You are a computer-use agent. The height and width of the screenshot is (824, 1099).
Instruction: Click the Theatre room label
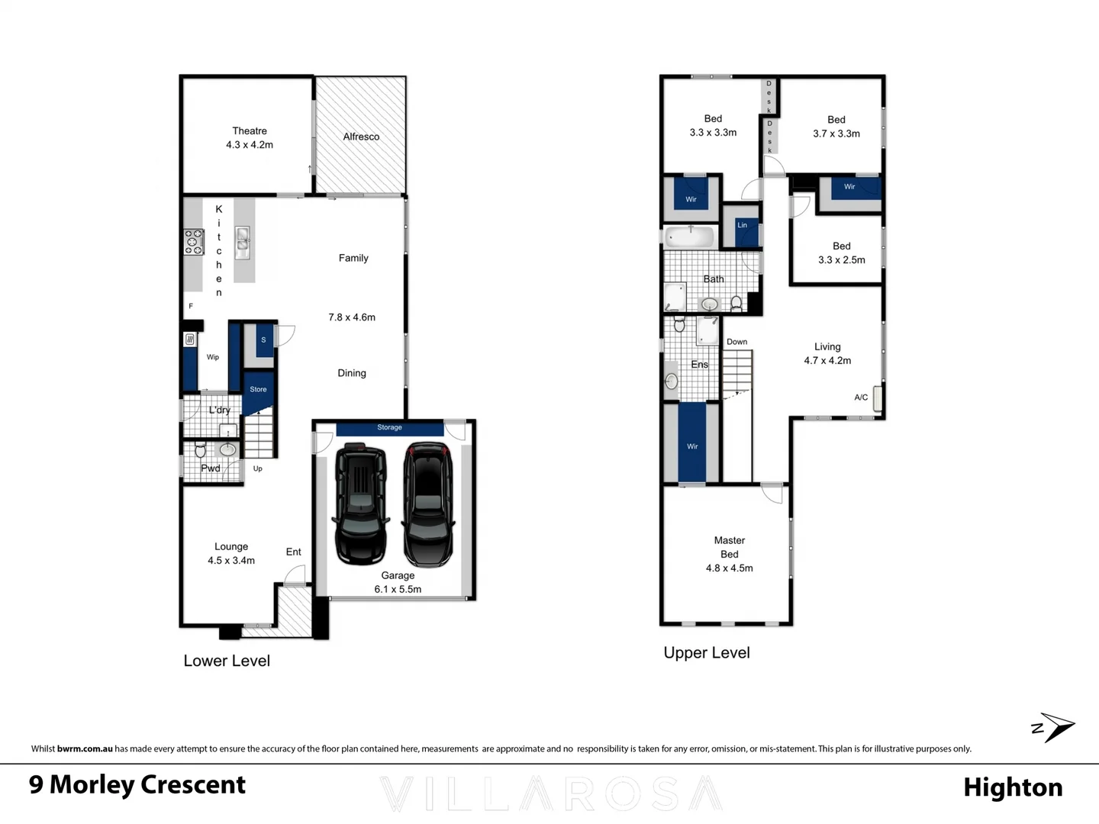coord(250,131)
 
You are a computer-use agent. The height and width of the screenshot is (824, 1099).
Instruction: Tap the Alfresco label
coord(361,137)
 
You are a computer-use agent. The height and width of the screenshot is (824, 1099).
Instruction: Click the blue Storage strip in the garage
coord(389,428)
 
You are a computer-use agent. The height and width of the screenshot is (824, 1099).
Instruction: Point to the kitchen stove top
coord(194,242)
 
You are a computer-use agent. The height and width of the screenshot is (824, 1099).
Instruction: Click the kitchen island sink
coord(243,240)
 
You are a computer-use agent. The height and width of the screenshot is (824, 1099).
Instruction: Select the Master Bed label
coord(729,547)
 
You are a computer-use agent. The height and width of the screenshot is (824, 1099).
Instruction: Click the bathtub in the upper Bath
coord(689,237)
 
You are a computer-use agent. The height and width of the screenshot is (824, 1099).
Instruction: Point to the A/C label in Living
coord(861,398)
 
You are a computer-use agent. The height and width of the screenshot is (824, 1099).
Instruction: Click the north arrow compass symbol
coord(1053,728)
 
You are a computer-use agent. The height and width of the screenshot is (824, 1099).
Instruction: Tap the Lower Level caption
coord(227,661)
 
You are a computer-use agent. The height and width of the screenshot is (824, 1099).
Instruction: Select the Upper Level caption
coord(707,652)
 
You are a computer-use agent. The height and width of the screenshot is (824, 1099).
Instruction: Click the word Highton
coord(1013,787)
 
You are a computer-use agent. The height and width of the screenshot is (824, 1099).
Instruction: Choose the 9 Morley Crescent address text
coord(137,784)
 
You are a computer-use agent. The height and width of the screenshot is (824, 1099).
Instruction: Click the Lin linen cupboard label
coord(742,225)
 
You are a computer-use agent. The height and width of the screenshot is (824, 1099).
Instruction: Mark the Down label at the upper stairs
coord(736,342)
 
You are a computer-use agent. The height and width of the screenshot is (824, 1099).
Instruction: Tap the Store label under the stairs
coord(258,389)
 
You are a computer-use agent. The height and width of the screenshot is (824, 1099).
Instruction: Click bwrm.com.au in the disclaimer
coord(85,749)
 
